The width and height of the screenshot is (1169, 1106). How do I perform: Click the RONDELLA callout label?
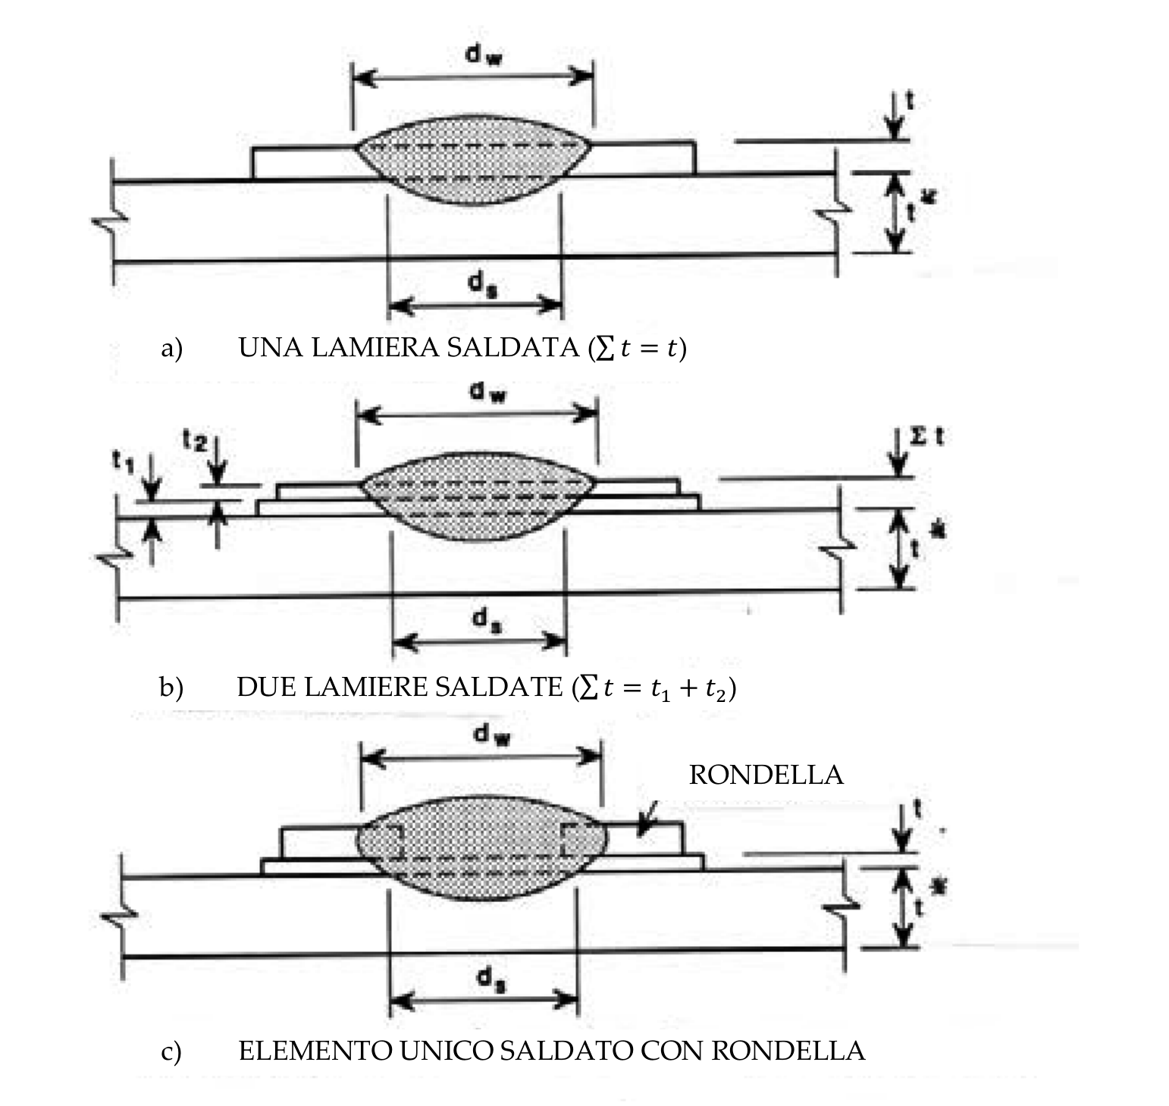[766, 775]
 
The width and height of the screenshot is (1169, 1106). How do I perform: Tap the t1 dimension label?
[123, 459]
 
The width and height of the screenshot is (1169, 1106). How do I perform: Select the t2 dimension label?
[194, 440]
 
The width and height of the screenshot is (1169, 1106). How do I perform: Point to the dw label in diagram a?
[483, 55]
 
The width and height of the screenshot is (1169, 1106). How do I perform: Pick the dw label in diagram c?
[490, 734]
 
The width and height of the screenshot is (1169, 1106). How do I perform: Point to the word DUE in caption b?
[265, 687]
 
